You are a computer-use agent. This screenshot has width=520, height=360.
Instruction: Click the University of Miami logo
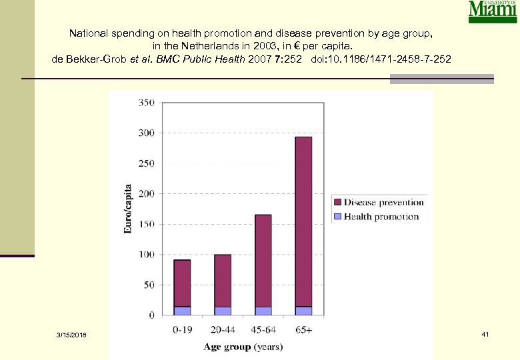[x=492, y=12]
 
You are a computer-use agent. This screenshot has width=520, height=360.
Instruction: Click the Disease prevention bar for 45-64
[x=263, y=260]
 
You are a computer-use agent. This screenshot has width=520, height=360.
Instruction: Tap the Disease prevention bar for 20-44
[x=223, y=281]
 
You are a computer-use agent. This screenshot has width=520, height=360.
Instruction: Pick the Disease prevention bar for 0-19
[x=182, y=283]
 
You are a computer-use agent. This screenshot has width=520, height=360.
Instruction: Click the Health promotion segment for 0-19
[x=182, y=311]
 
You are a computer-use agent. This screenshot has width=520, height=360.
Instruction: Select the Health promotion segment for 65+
[x=303, y=311]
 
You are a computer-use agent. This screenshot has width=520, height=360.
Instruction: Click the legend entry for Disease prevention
[x=378, y=202]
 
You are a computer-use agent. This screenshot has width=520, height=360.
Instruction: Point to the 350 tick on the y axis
[x=146, y=103]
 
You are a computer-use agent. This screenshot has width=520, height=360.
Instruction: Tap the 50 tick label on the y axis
[x=149, y=285]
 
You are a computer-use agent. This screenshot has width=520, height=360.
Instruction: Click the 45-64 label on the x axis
[x=263, y=330]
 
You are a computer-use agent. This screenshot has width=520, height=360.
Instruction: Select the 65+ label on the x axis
[x=303, y=330]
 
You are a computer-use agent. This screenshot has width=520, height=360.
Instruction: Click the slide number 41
[x=485, y=333]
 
